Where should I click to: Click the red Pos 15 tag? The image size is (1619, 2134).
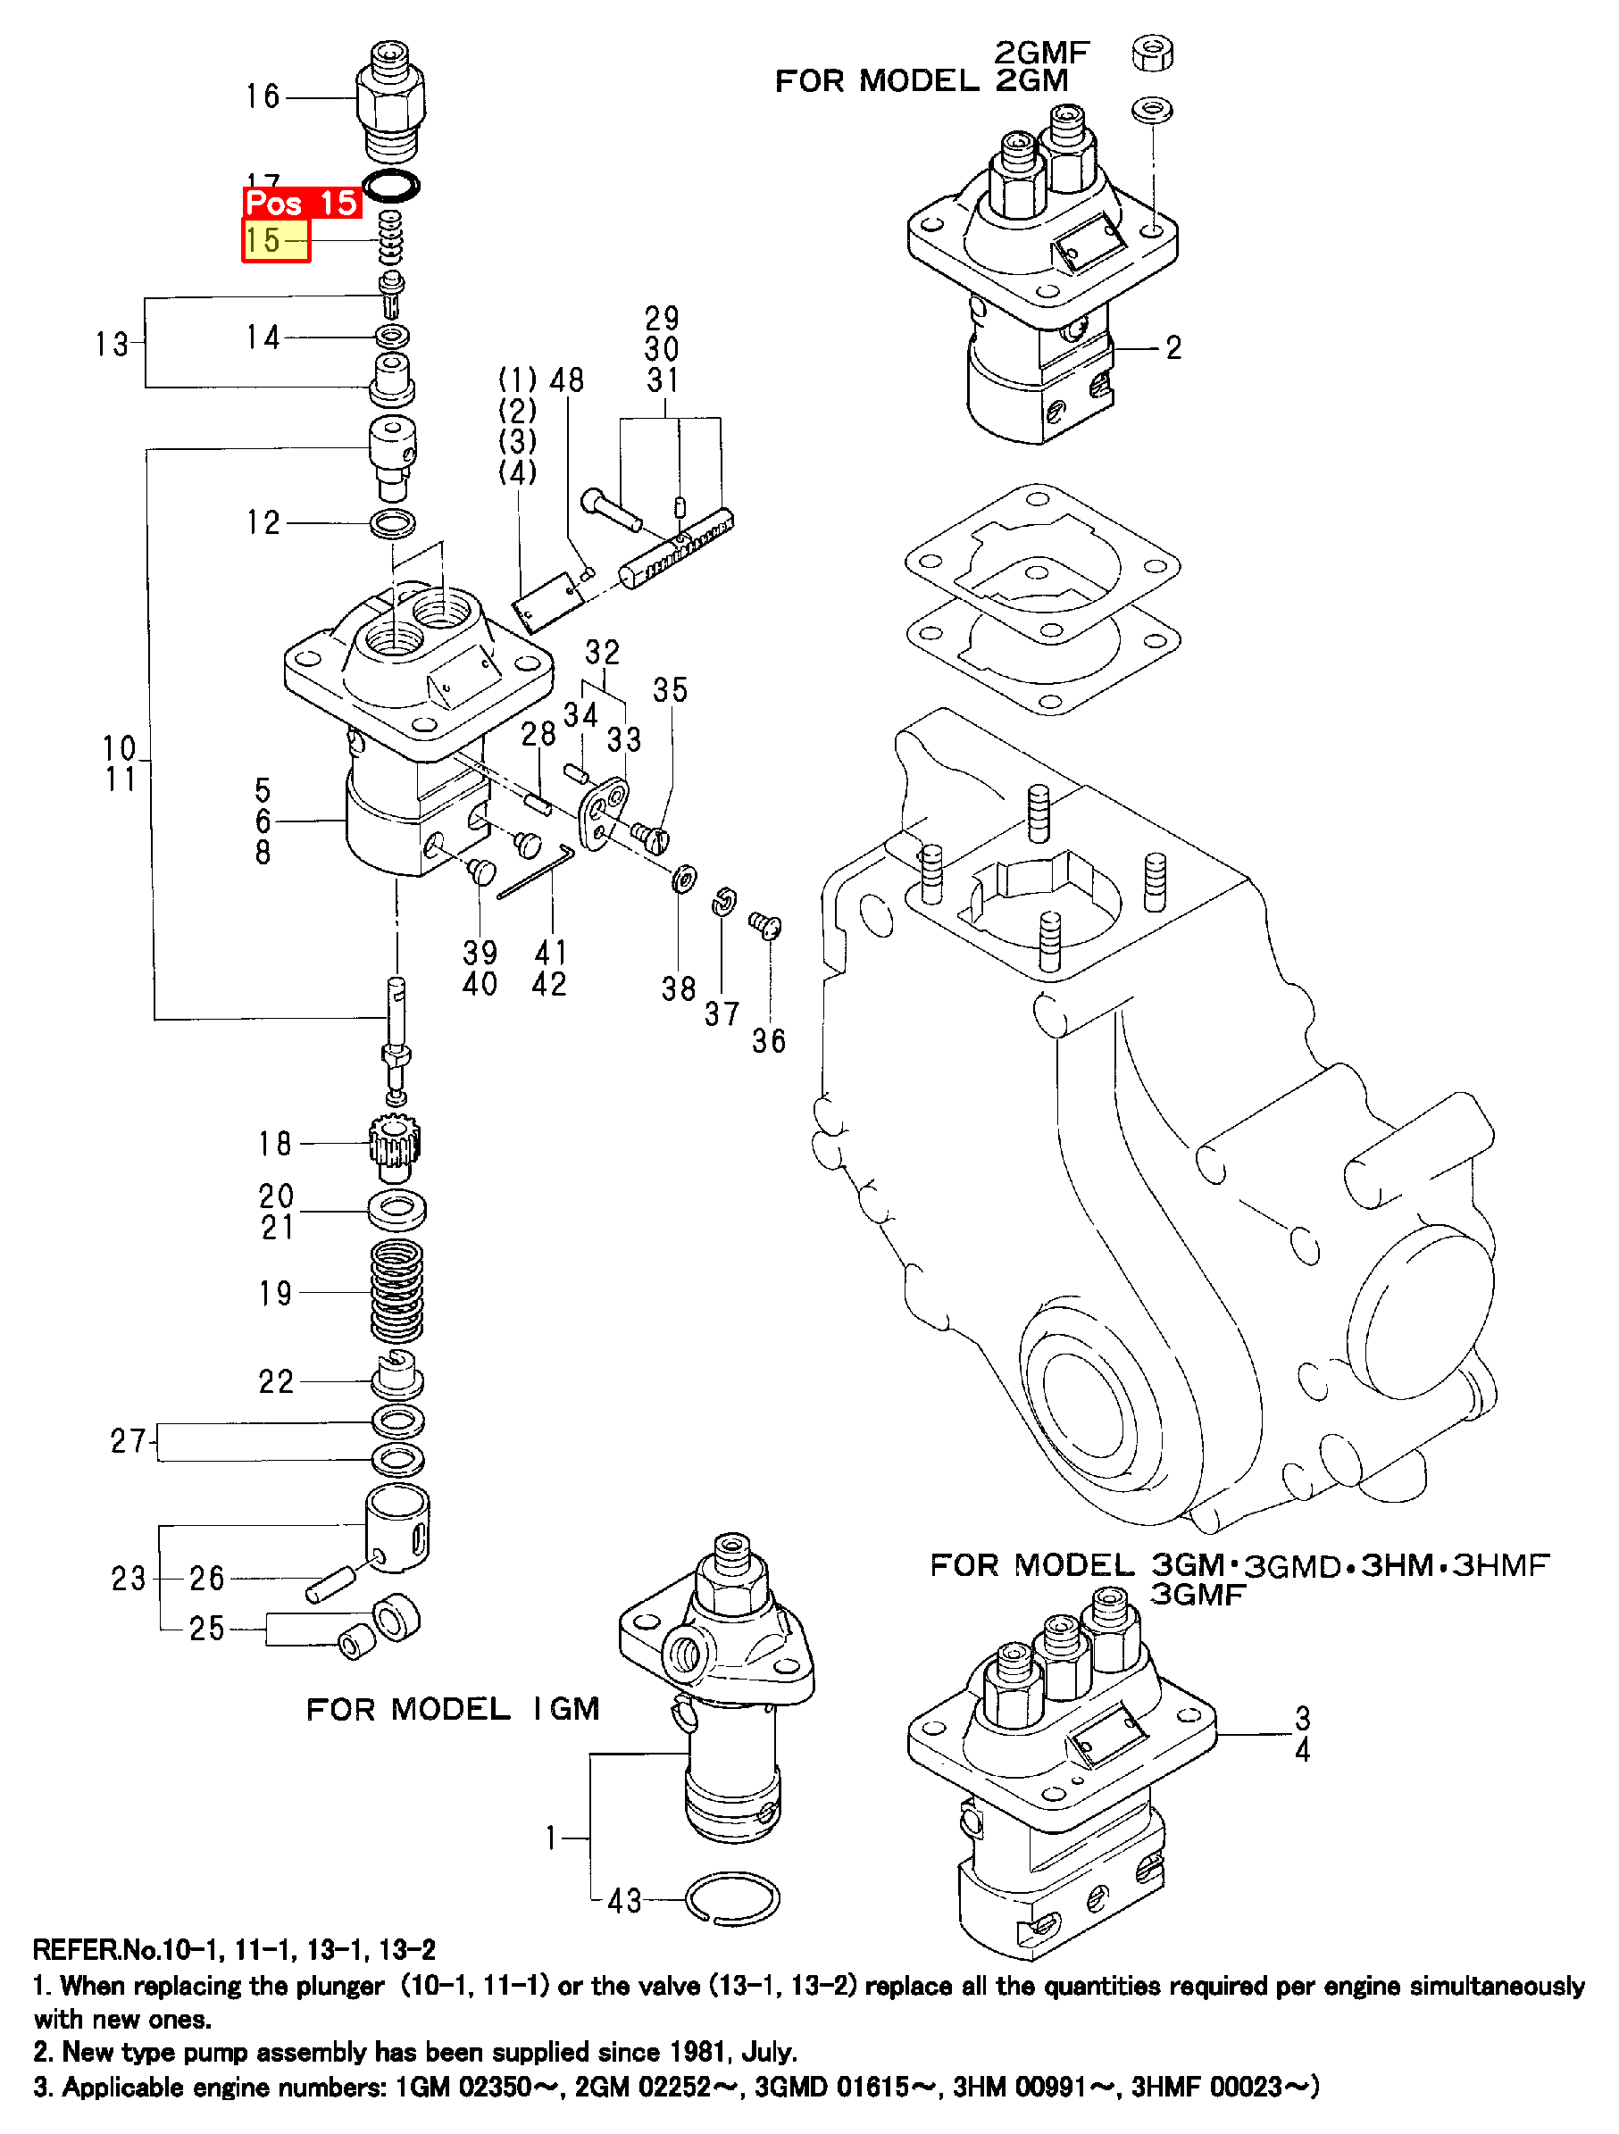(x=301, y=204)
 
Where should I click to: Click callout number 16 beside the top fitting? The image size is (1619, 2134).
(x=263, y=96)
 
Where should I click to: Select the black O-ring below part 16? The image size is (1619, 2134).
(x=391, y=185)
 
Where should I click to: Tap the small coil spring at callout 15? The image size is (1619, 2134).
(x=391, y=238)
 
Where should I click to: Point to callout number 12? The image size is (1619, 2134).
(x=263, y=523)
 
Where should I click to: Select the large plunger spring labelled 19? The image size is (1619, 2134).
(x=396, y=1291)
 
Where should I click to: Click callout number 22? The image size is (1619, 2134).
(x=276, y=1381)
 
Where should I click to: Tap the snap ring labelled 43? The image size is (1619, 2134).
(x=733, y=1899)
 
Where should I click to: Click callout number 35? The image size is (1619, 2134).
(x=671, y=690)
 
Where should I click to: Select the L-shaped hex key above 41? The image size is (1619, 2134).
(x=538, y=871)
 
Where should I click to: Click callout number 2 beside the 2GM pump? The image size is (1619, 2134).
(x=1173, y=348)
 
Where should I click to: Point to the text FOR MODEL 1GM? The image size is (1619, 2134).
(x=453, y=1710)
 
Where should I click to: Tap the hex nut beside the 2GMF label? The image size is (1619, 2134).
(x=1152, y=52)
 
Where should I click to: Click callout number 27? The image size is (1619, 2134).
(x=128, y=1441)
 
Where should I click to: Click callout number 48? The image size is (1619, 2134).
(x=567, y=380)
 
